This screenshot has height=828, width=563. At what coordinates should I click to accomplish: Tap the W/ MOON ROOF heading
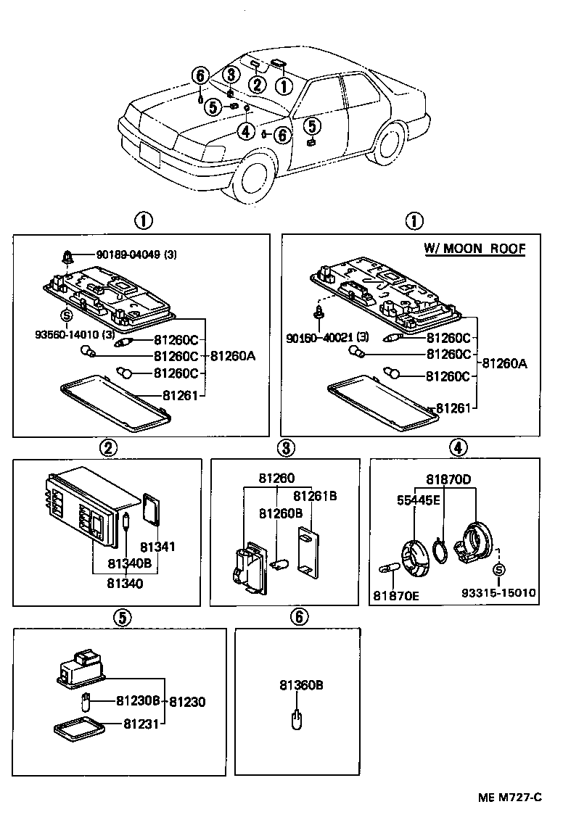(x=474, y=249)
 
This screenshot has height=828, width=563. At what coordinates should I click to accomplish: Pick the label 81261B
(x=315, y=496)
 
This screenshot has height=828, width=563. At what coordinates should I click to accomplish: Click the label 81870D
(x=448, y=479)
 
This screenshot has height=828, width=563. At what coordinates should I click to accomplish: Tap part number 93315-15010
(x=498, y=593)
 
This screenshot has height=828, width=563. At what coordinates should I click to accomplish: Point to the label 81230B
(x=138, y=701)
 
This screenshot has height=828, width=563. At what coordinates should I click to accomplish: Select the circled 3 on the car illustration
(x=231, y=74)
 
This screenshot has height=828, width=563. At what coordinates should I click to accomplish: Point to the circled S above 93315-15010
(x=498, y=571)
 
